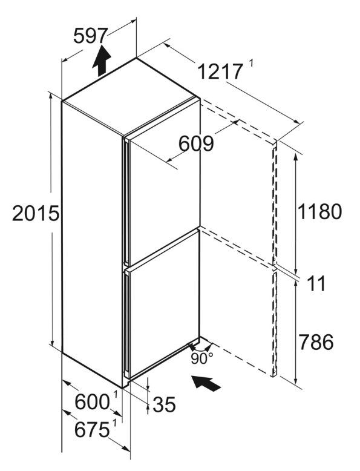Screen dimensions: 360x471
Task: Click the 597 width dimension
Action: coord(90,36)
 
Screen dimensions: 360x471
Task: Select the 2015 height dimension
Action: coord(36,213)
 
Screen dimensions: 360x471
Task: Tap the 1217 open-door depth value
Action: coord(220,72)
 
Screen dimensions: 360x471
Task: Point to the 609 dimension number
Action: coord(196,143)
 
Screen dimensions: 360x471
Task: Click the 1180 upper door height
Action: coord(319,211)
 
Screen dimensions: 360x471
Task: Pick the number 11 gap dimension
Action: coord(316,284)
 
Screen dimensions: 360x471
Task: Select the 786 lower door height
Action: coord(316,342)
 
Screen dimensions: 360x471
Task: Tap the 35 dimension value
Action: coord(164,404)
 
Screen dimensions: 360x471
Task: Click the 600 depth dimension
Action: coord(92,402)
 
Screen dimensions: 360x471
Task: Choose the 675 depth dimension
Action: coord(92,430)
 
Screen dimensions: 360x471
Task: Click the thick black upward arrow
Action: coord(102,61)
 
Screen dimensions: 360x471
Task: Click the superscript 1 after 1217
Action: coord(251,64)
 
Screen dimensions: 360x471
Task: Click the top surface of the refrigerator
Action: coord(131,96)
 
